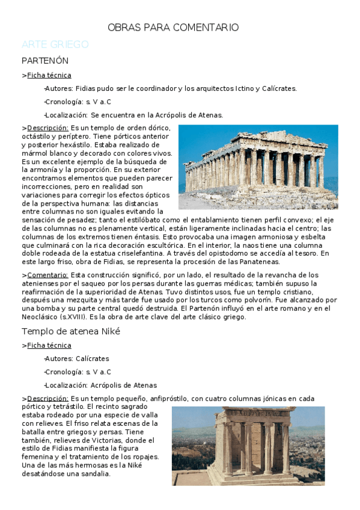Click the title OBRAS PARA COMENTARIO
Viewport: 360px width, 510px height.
pyautogui.click(x=173, y=28)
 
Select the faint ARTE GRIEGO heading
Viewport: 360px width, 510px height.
pyautogui.click(x=55, y=45)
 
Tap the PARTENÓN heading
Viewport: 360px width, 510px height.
pyautogui.click(x=45, y=61)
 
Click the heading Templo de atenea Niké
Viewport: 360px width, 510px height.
pyautogui.click(x=71, y=331)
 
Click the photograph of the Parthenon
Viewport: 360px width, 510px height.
pyautogui.click(x=258, y=167)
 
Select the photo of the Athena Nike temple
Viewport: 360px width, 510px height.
pyautogui.click(x=248, y=445)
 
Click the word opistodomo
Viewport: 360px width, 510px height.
pyautogui.click(x=255, y=253)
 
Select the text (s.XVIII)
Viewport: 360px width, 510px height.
pyautogui.click(x=71, y=317)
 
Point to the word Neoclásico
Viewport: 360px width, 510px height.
pyautogui.click(x=38, y=317)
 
